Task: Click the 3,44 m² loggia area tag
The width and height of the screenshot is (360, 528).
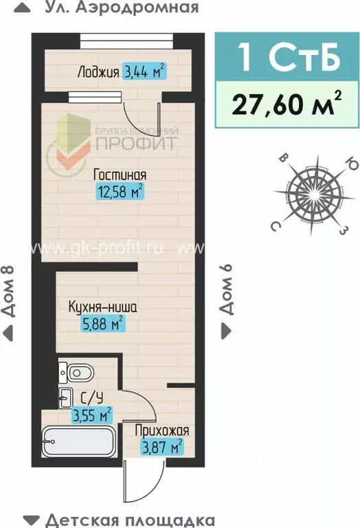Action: pos(144,71)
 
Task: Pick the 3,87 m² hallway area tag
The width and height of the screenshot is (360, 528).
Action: pos(162,447)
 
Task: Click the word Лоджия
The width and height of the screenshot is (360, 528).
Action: pos(98,71)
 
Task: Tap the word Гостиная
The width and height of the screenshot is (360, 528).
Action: pos(121,174)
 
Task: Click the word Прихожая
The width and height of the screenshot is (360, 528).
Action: pos(163,430)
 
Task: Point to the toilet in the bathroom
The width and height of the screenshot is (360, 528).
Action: pos(78,373)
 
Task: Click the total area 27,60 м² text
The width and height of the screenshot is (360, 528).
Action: pos(288,104)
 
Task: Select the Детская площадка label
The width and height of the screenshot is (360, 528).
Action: pos(130,520)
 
